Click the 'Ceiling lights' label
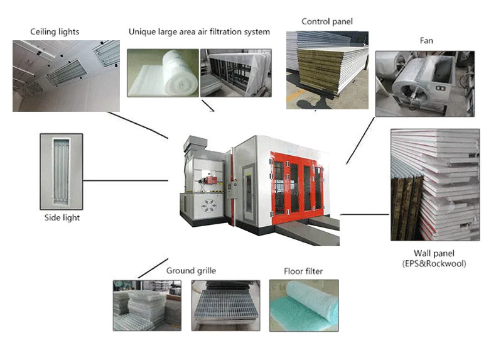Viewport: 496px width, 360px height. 55,31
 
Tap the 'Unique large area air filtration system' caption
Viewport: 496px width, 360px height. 199,31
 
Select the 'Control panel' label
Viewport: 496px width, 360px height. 327,21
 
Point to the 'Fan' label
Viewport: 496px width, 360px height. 426,41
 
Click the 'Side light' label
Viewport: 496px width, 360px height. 62,218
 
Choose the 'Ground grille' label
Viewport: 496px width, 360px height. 191,271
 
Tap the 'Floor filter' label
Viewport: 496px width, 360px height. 304,271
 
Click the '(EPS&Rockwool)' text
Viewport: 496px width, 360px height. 434,264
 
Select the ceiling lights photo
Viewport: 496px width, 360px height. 66,75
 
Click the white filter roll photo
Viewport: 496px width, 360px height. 163,73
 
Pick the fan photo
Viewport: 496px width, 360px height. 424,84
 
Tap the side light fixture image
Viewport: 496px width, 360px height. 62,171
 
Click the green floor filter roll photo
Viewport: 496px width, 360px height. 303,305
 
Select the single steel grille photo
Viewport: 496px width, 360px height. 225,305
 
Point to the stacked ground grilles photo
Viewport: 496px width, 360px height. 147,305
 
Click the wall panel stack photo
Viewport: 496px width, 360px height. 434,185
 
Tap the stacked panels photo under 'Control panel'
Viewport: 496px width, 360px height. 327,69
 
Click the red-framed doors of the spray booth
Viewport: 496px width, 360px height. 296,182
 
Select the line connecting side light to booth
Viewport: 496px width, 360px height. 126,180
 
